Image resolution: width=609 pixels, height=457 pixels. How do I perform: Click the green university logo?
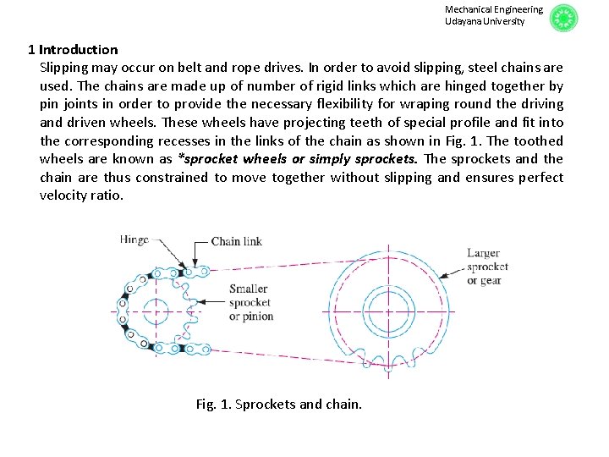click(563, 18)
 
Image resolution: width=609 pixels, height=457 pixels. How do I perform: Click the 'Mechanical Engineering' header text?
click(494, 9)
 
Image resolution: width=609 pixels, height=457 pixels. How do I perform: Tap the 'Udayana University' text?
click(485, 21)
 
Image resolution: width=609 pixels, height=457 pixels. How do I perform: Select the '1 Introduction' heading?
click(73, 50)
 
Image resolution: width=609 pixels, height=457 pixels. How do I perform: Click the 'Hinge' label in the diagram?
click(134, 240)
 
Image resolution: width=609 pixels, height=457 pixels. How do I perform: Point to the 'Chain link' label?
click(236, 241)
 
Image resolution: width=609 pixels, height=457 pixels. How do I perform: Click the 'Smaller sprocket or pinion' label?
click(250, 302)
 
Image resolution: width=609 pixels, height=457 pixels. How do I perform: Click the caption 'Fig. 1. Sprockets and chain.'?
click(278, 404)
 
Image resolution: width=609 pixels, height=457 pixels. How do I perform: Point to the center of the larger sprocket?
click(388, 308)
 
